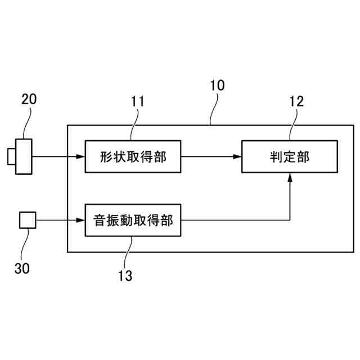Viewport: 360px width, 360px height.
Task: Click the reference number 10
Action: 217,85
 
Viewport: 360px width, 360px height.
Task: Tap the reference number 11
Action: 137,101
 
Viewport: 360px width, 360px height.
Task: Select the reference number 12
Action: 296,101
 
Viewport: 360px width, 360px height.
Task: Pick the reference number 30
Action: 22,268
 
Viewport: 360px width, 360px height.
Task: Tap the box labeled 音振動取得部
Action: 133,220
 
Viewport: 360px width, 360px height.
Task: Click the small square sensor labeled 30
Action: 28,220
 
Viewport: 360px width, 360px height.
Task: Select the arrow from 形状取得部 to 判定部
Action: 211,157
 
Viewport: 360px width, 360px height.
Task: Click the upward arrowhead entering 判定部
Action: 290,178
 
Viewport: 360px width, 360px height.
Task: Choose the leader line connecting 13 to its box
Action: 128,251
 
